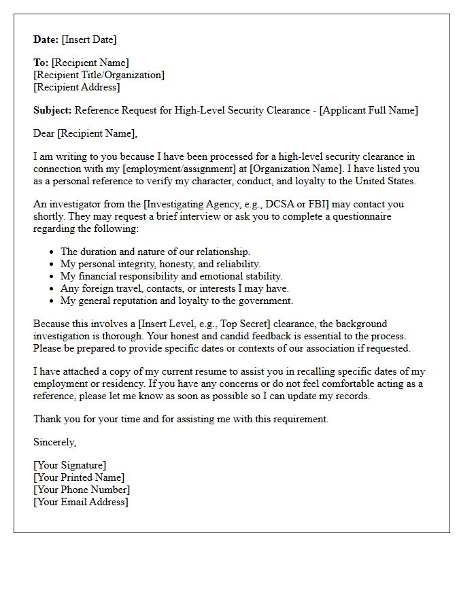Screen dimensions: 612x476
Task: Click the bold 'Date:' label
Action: (x=46, y=39)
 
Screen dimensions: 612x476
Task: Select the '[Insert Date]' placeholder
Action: (x=89, y=39)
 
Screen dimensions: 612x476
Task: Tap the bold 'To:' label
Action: (x=41, y=63)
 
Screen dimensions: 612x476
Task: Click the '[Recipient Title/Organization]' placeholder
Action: (x=99, y=75)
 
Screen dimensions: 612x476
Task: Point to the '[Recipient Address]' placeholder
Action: (x=77, y=87)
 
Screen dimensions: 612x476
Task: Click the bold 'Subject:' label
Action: (x=52, y=110)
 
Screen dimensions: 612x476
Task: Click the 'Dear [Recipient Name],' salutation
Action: (x=85, y=133)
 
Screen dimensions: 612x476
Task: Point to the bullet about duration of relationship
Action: (x=155, y=252)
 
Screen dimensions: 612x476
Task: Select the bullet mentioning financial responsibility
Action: (x=171, y=276)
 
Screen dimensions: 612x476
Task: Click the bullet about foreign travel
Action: (x=175, y=288)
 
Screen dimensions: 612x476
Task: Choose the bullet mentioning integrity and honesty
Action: (x=160, y=264)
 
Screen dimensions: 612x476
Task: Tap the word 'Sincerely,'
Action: (x=55, y=442)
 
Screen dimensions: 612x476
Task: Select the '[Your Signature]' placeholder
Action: (x=70, y=465)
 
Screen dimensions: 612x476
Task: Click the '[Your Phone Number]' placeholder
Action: (x=82, y=490)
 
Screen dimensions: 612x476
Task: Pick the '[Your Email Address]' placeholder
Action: (x=81, y=502)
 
